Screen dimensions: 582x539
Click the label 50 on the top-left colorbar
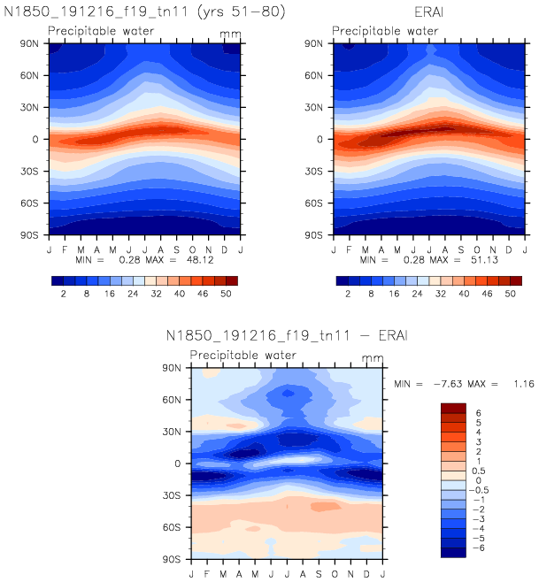(x=225, y=293)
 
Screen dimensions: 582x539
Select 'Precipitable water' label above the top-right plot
(x=385, y=31)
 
